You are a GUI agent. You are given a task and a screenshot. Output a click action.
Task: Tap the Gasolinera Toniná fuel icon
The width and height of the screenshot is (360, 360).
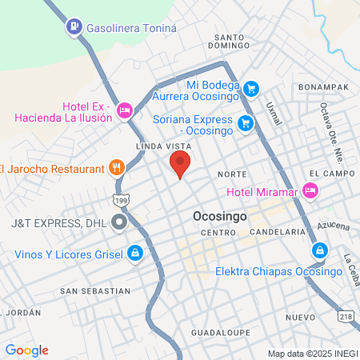74,26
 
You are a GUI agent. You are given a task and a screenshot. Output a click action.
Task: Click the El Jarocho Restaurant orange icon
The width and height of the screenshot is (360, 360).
117,168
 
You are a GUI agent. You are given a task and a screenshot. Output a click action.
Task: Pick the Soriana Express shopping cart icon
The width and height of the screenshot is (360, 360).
246,123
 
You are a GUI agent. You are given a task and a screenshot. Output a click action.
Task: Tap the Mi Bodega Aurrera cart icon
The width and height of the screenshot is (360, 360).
251,89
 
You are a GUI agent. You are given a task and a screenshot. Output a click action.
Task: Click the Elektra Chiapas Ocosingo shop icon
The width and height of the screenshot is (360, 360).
319,251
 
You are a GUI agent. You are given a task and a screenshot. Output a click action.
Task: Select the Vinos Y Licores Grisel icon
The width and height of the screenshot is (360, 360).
136,254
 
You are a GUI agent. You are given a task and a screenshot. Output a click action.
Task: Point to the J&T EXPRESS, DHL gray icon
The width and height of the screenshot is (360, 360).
119,222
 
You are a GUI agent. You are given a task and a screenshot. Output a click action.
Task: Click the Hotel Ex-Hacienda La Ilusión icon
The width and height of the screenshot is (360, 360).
125,110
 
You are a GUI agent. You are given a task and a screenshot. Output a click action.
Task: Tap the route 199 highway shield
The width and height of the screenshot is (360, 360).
120,200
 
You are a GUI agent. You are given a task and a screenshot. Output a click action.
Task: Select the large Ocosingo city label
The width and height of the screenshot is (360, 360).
220,217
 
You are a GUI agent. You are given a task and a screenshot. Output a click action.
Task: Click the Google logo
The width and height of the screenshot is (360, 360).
26,350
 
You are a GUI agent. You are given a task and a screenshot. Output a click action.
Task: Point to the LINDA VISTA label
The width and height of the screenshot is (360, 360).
160,147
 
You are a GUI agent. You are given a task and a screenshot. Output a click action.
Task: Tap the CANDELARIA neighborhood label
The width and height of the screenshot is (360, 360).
278,231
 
